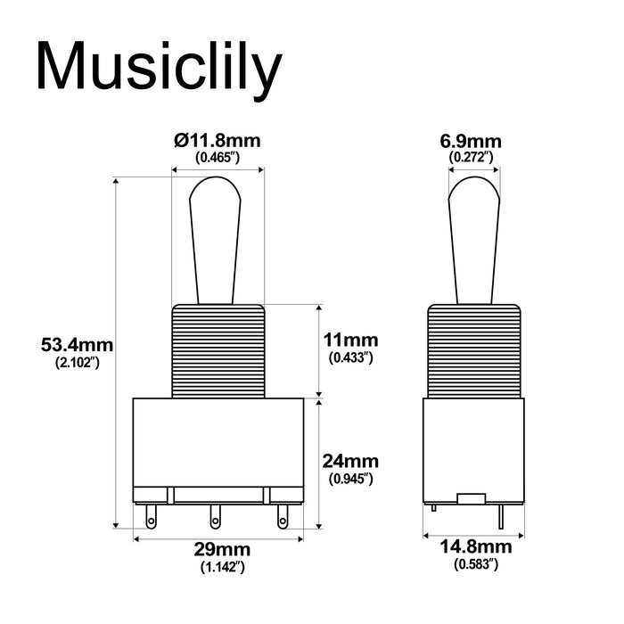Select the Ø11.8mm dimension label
coord(218,141)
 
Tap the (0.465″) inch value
coord(218,158)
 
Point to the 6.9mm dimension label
coord(472,141)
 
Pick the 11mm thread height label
coord(350,341)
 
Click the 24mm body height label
coord(350,462)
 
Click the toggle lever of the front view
coord(218,236)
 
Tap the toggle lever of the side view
coord(473,236)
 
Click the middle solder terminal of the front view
coord(215,515)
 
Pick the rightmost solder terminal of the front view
coord(283,514)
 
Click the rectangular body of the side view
coord(473,446)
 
